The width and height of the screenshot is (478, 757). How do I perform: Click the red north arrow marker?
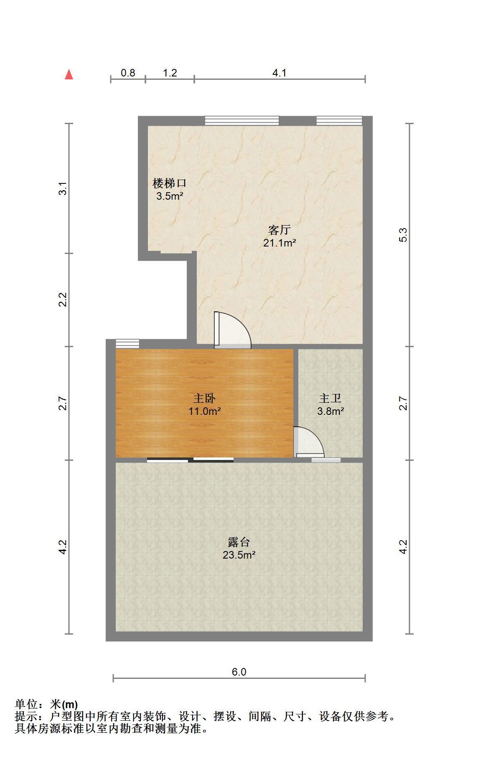pos(69,75)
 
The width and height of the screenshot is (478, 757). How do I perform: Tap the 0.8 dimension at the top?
pos(128,73)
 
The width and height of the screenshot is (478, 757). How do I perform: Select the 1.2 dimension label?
pos(170,73)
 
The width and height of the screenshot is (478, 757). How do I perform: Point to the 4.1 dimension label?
pos(280,73)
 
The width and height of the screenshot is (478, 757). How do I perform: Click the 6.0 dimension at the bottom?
pos(239,672)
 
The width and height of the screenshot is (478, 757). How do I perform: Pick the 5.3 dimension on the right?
pos(403,235)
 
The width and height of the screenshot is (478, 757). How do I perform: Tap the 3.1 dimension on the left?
pos(63,188)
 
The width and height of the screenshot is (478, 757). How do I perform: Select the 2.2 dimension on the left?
pos(63,300)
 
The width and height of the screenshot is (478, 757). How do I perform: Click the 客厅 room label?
pos(280,230)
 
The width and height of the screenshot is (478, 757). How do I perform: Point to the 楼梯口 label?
pos(170,183)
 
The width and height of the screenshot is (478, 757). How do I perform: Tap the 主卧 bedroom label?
pos(205,399)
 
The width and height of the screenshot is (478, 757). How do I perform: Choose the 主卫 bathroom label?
pos(330,399)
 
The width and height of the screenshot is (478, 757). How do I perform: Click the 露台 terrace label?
pos(239,542)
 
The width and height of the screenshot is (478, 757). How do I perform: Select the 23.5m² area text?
pos(239,555)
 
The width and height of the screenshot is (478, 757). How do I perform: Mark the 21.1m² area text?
pos(280,243)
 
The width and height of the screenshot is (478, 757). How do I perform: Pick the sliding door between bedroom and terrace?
pos(190,460)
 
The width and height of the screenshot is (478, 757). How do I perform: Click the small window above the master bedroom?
pos(127,343)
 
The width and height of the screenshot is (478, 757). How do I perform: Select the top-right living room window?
pos(339,120)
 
